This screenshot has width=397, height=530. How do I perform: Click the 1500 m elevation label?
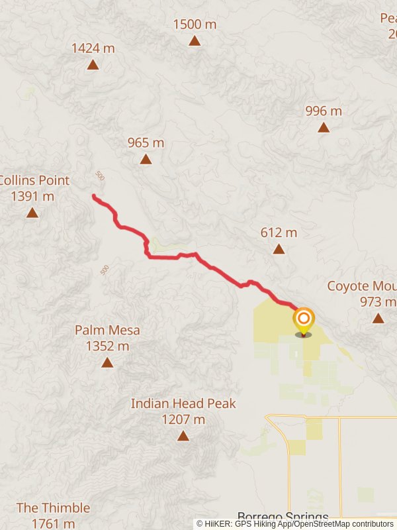[x=195, y=25]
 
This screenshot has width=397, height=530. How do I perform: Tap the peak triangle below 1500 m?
[x=195, y=41]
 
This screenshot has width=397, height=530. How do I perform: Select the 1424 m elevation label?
[x=93, y=48]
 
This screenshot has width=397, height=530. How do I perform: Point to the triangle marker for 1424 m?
[x=93, y=65]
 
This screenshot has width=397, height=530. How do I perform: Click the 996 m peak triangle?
[x=324, y=127]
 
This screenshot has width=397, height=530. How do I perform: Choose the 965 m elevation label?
[x=146, y=142]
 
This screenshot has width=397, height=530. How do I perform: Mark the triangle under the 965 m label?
[x=146, y=159]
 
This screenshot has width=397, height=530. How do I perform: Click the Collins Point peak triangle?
[x=32, y=213]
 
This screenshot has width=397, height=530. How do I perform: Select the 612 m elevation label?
[x=279, y=233]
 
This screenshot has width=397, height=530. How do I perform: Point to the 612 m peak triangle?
[x=279, y=249]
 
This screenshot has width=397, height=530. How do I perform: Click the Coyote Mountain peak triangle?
[x=378, y=318]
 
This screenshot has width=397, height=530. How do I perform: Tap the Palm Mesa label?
[x=107, y=337]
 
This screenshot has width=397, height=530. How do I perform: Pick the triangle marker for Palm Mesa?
[x=107, y=362]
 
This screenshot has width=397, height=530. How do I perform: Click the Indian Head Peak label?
[x=183, y=411]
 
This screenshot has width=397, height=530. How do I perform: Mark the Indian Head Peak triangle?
[x=183, y=436]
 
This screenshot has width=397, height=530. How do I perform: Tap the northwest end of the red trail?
[x=94, y=196]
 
